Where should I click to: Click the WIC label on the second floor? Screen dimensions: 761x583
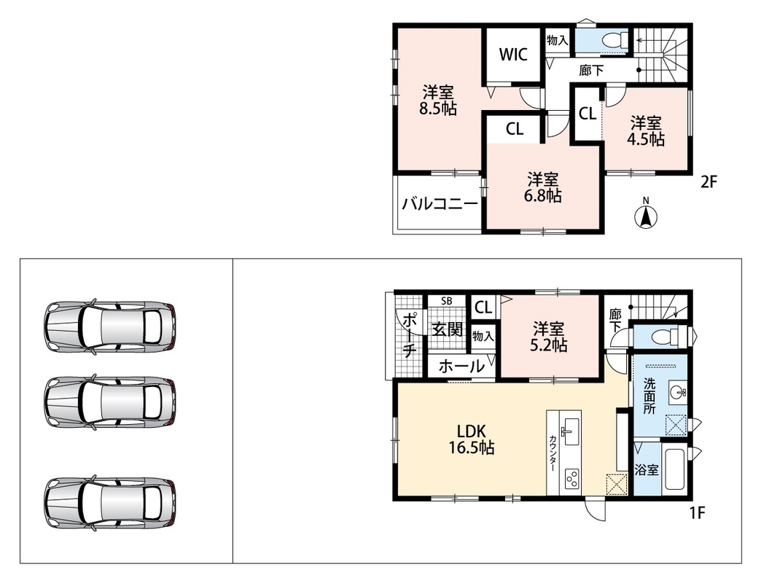tap(513, 55)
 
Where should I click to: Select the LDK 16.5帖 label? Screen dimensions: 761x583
tap(472, 439)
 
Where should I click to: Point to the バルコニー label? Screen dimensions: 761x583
tap(440, 204)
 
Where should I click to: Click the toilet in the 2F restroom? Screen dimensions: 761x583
tap(613, 40)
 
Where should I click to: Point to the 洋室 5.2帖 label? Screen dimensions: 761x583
tap(549, 337)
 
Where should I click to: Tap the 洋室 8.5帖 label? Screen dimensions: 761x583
tap(438, 100)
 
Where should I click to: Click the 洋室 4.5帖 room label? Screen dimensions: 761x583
tap(646, 131)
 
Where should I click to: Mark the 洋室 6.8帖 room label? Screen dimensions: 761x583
tap(542, 187)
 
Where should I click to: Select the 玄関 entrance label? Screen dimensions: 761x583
tap(447, 330)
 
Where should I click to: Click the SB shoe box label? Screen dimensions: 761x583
tap(447, 301)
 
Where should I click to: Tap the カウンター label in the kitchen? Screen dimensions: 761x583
tap(553, 453)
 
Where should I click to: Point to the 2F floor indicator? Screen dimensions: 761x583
tap(709, 182)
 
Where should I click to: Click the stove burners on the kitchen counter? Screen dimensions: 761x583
tap(572, 479)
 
